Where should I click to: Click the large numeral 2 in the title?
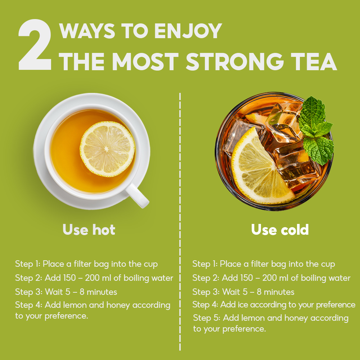click(x=35, y=45)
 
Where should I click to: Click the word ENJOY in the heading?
click(x=188, y=31)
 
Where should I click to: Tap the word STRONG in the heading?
click(x=234, y=61)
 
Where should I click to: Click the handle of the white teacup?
click(x=137, y=195)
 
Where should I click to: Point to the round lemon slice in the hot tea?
click(x=107, y=149)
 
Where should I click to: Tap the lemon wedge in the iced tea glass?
click(x=260, y=168)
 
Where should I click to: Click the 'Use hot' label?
click(x=89, y=229)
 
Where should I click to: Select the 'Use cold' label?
click(x=280, y=229)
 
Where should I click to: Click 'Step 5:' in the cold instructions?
click(x=207, y=318)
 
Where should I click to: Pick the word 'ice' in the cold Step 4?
click(x=243, y=305)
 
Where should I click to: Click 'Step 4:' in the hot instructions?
click(x=29, y=305)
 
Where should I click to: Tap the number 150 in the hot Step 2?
click(x=69, y=278)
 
